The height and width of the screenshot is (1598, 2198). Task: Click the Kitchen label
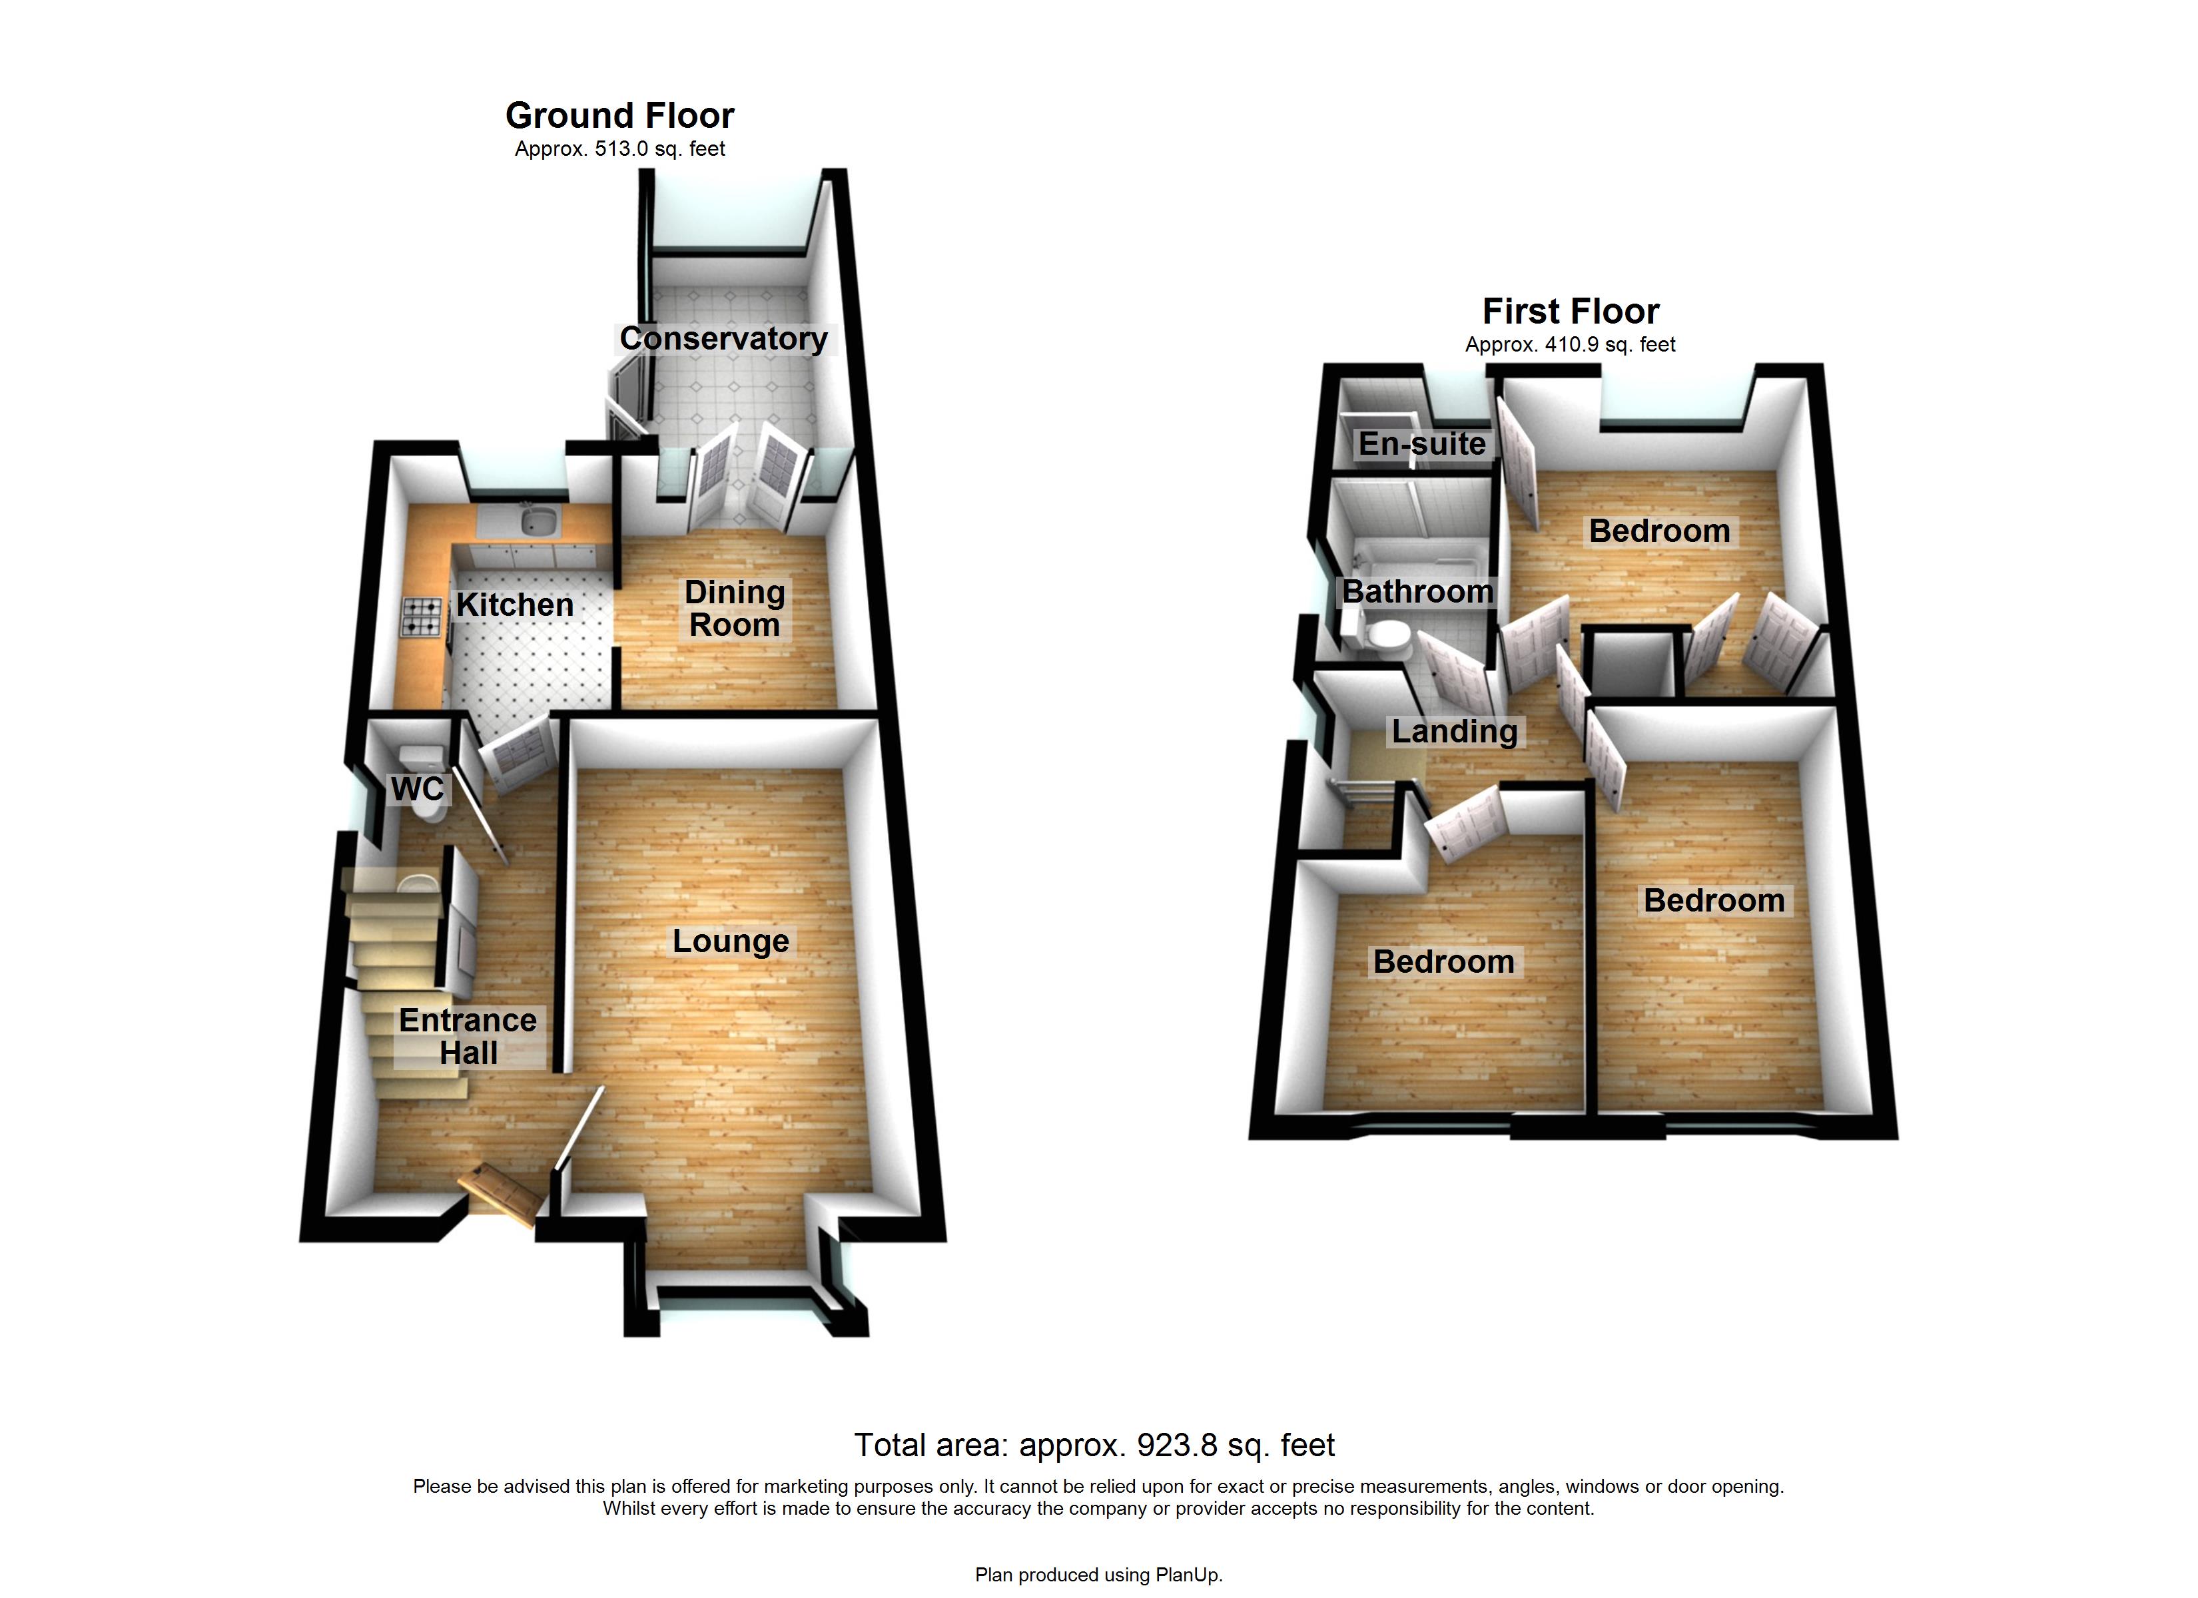point(515,605)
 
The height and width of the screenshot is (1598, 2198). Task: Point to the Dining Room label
point(735,609)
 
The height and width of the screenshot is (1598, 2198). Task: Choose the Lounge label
point(731,941)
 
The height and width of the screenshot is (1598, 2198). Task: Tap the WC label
point(418,789)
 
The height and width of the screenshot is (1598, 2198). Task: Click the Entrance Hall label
point(468,1036)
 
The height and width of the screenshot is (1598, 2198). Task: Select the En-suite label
point(1422,444)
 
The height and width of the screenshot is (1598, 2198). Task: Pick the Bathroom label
point(1417,591)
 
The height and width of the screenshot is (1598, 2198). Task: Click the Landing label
point(1455,732)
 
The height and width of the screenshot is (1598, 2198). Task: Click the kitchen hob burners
point(422,617)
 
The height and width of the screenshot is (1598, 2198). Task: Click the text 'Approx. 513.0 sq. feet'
point(619,149)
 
